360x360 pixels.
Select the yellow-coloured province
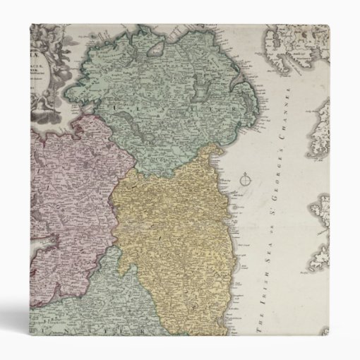coord(169,233)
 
